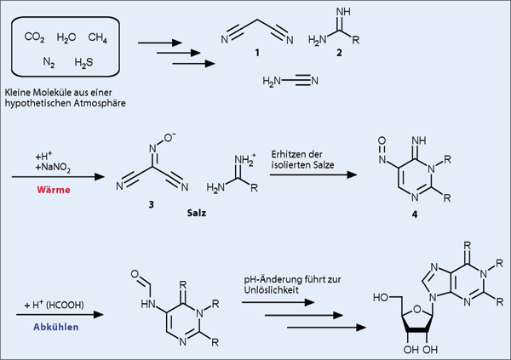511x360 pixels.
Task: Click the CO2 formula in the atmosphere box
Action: pos(35,38)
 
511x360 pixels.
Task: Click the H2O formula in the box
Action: pos(67,38)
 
